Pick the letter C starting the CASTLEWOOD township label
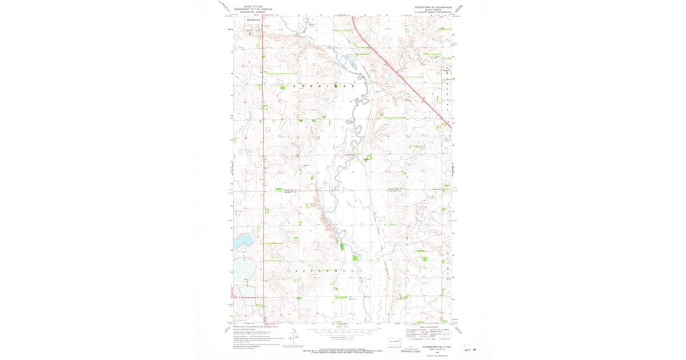288,270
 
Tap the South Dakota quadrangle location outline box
393,341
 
